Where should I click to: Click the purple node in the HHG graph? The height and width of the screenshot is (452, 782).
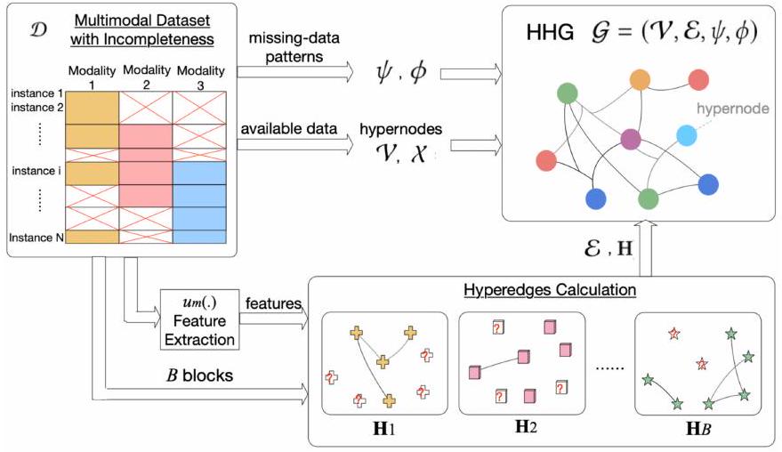[631, 139]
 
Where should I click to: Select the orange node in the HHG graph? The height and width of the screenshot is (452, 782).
[639, 79]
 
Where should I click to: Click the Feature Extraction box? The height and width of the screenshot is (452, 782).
[199, 319]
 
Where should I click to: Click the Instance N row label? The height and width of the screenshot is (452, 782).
[38, 237]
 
